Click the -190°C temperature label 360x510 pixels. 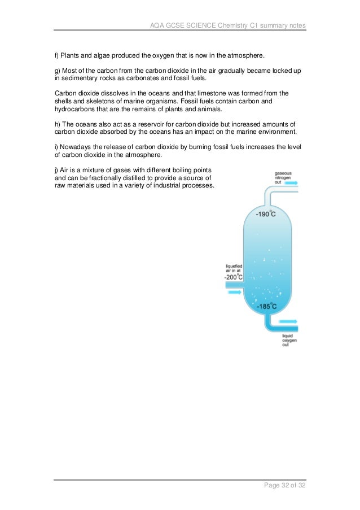click(265, 214)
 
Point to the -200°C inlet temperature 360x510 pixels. click(234, 277)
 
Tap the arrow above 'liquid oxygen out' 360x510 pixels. click(288, 321)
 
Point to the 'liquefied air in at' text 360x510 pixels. click(234, 268)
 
